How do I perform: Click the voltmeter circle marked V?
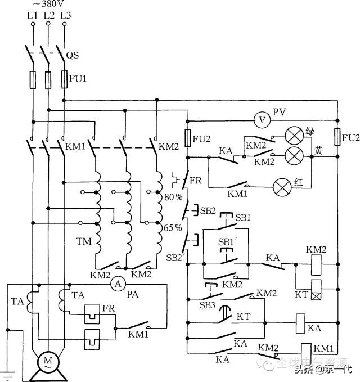261,120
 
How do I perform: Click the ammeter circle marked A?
118,285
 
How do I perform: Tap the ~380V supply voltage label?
44,4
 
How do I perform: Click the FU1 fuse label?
78,79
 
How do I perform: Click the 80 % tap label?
173,198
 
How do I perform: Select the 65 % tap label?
173,228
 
